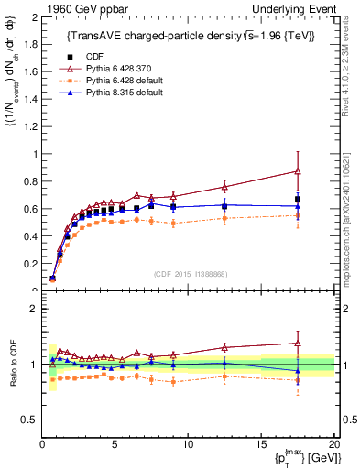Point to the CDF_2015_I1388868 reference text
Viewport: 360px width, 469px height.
coord(191,274)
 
